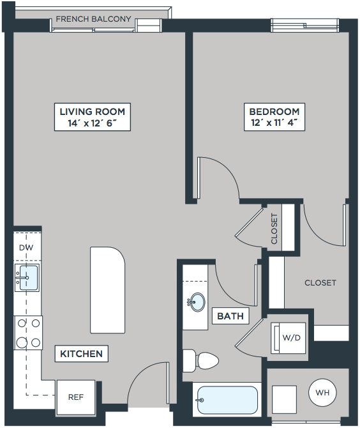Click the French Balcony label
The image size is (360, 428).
(93, 19)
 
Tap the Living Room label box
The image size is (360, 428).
(93, 117)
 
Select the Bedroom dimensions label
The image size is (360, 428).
(274, 123)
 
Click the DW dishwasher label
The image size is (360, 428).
(26, 248)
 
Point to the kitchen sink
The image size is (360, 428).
(27, 278)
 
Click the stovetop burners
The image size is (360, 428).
(28, 333)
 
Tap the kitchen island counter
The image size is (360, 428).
(107, 290)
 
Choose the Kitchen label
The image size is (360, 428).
(81, 354)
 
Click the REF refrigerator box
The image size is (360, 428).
(76, 397)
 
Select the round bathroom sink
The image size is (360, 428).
(197, 302)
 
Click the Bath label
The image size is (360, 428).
(230, 316)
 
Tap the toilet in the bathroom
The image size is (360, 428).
(200, 361)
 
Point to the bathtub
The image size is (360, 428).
(227, 400)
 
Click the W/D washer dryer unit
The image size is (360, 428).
(289, 338)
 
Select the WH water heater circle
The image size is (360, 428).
(322, 392)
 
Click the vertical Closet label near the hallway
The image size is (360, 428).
(274, 229)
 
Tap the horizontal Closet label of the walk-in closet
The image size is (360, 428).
(320, 283)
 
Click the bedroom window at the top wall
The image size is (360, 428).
(305, 26)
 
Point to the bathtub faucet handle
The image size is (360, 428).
(200, 400)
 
